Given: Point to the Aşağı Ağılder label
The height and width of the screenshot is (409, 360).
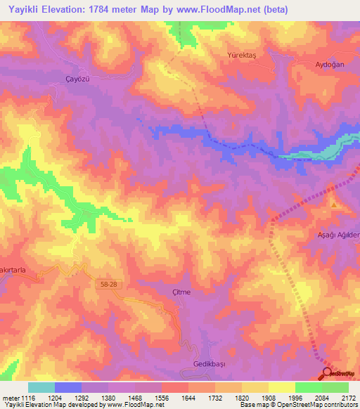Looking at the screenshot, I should point(338,235).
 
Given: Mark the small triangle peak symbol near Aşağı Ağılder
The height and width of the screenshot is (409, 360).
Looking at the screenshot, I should point(334,204).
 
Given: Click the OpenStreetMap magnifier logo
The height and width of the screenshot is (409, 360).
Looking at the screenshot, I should point(328,373).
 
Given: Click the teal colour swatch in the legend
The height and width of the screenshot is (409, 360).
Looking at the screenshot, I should point(41,387).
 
